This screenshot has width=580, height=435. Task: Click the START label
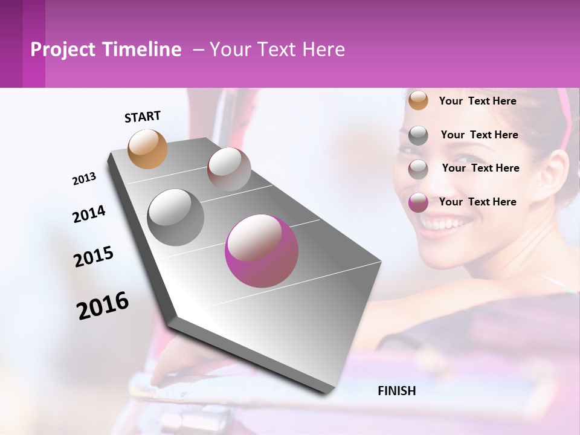pyautogui.click(x=143, y=117)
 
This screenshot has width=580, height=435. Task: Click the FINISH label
pyautogui.click(x=396, y=391)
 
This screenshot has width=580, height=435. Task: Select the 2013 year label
pyautogui.click(x=84, y=179)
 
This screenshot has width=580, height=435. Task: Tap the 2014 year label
pyautogui.click(x=89, y=214)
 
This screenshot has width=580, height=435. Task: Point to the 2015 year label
pyautogui.click(x=94, y=257)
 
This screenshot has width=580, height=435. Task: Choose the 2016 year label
pyautogui.click(x=103, y=306)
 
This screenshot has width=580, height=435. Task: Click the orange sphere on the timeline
pyautogui.click(x=148, y=149)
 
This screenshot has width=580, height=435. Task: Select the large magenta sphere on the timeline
pyautogui.click(x=262, y=251)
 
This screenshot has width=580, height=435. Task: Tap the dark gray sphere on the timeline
pyautogui.click(x=176, y=217)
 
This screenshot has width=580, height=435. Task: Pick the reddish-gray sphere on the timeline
pyautogui.click(x=229, y=169)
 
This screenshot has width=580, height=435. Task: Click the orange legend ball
pyautogui.click(x=418, y=101)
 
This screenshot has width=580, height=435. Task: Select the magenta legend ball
pyautogui.click(x=418, y=202)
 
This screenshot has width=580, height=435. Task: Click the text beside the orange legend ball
pyautogui.click(x=477, y=101)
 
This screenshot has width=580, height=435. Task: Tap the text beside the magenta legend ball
pyautogui.click(x=477, y=202)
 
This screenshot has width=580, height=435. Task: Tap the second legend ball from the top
pyautogui.click(x=418, y=135)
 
